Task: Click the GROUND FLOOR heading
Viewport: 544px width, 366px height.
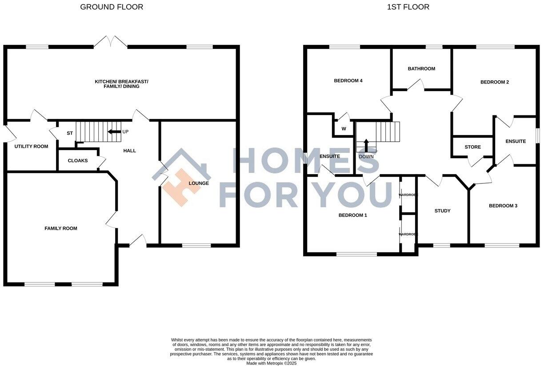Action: click(112, 7)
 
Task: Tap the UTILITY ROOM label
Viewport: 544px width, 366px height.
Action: click(31, 146)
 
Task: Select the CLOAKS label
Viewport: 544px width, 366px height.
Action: click(78, 161)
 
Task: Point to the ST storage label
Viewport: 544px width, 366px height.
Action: click(70, 133)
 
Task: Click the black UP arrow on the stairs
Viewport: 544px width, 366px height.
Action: click(114, 132)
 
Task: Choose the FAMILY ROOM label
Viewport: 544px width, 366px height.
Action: click(61, 228)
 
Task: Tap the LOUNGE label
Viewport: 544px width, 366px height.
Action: click(199, 183)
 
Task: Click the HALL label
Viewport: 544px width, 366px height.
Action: click(130, 151)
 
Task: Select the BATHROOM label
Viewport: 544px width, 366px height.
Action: click(421, 68)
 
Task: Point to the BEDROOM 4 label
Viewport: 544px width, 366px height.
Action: click(348, 80)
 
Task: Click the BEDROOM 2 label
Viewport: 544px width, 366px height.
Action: click(495, 82)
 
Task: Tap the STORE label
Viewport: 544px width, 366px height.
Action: click(472, 147)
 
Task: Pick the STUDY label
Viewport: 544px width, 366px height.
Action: click(442, 211)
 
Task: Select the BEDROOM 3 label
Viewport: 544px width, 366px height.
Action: click(503, 206)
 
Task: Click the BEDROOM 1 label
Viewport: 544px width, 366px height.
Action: click(353, 215)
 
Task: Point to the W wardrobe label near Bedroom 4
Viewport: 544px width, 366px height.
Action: click(344, 129)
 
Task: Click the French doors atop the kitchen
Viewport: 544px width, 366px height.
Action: click(111, 42)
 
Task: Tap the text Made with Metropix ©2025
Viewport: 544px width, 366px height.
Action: click(271, 363)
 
